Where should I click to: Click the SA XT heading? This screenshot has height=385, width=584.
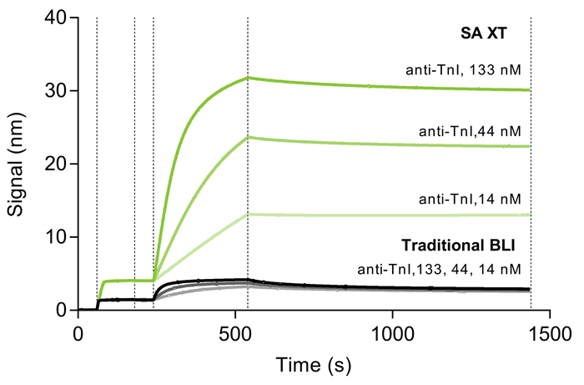[497, 34]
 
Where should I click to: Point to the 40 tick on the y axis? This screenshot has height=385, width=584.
[58, 18]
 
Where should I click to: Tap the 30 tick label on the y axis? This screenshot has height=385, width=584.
[58, 90]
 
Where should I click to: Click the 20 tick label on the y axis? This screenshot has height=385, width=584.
[58, 164]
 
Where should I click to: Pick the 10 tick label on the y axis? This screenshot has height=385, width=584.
[58, 236]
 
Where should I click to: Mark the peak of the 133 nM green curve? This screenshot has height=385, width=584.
[248, 78]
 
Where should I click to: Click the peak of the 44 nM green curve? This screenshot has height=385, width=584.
[248, 137]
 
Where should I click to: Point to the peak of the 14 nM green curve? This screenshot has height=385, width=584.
[248, 215]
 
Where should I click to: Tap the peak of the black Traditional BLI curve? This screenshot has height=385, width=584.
[248, 280]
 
